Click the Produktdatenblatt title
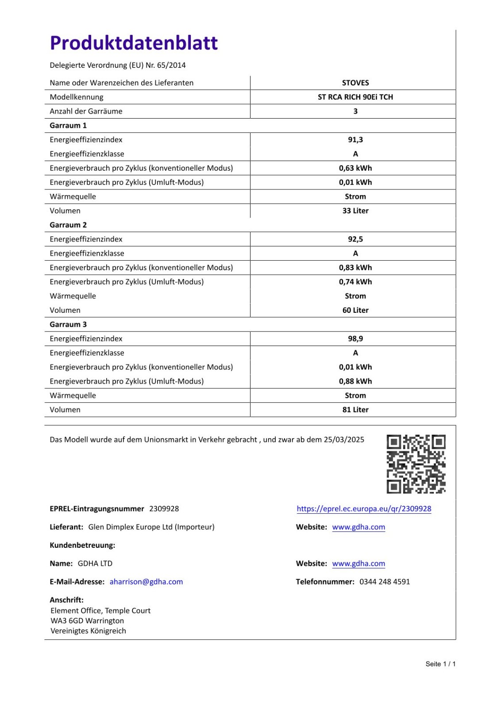click(x=134, y=43)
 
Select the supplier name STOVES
click(x=355, y=83)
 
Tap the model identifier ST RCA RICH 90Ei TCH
click(x=355, y=97)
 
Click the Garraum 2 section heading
click(x=68, y=225)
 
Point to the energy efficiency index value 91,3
click(x=355, y=140)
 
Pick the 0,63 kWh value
click(x=355, y=168)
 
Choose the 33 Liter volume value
click(x=355, y=211)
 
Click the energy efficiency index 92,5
click(x=355, y=239)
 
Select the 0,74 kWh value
click(x=355, y=282)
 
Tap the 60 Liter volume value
click(x=355, y=310)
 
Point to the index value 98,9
click(x=355, y=339)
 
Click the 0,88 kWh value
click(x=355, y=381)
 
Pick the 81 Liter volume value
click(x=355, y=410)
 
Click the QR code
click(x=416, y=464)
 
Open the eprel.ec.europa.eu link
click(x=364, y=509)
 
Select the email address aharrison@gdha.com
click(x=146, y=581)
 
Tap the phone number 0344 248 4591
click(x=385, y=581)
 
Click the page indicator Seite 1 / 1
click(x=440, y=664)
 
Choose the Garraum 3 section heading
click(x=68, y=324)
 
